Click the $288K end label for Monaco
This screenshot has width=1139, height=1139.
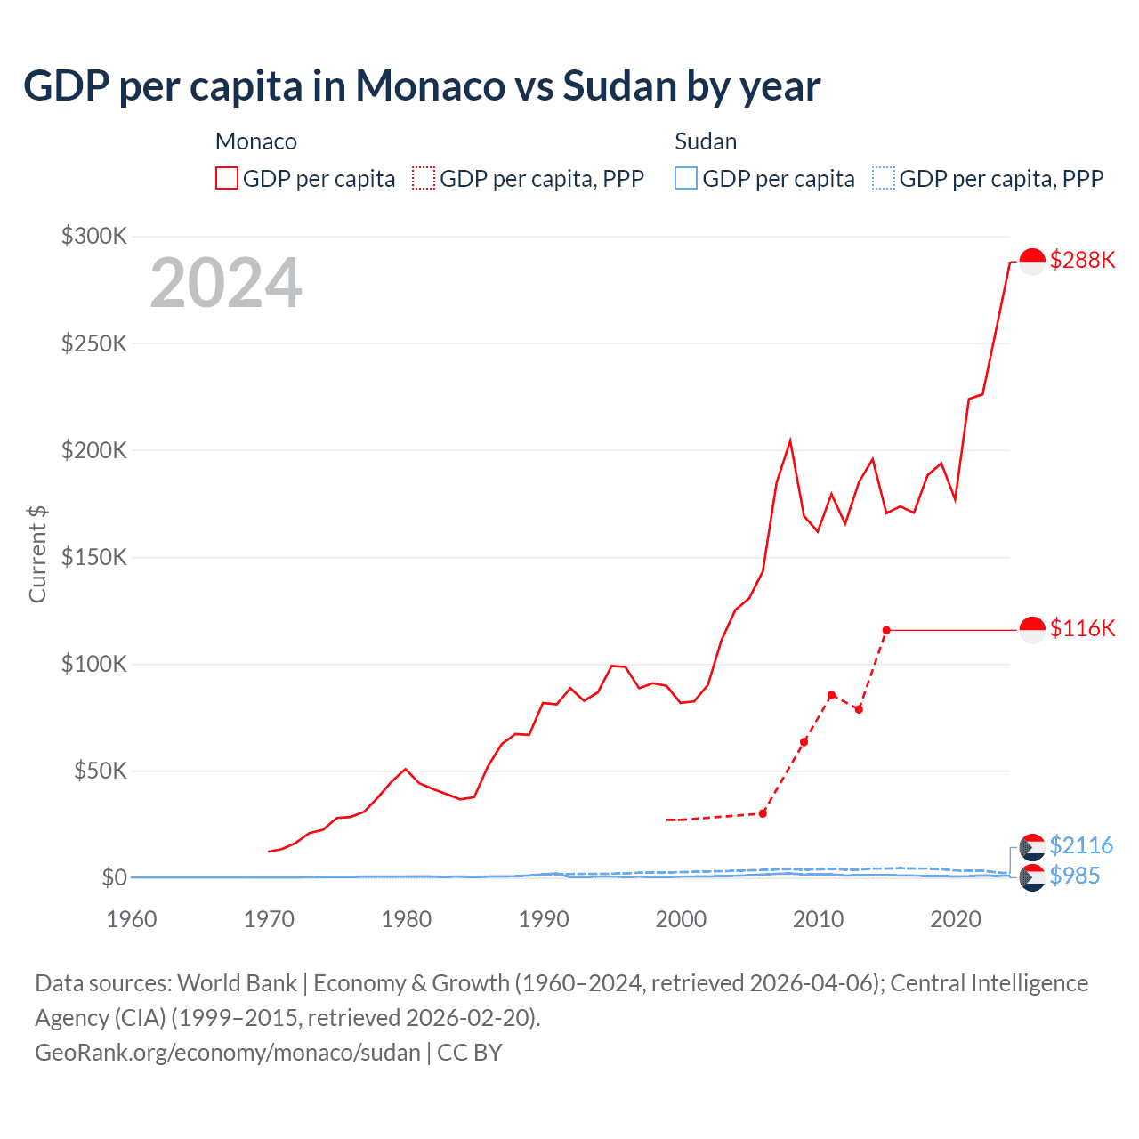pos(1082,260)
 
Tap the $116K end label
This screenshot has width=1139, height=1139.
pos(1082,628)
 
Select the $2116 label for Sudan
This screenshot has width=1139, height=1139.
pos(1081,845)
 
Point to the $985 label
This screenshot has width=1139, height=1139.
pos(1075,876)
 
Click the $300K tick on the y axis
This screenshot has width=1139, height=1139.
pos(94,236)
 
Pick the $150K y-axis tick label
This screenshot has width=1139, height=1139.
pos(94,557)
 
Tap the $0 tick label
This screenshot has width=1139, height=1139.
pos(114,877)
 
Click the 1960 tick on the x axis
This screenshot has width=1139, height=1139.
pos(132,919)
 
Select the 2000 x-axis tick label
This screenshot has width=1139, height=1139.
pos(681,919)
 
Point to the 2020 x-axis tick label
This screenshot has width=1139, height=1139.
pos(956,919)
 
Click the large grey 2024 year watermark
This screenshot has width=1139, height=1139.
pos(226,283)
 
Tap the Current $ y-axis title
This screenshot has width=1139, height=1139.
pos(37,553)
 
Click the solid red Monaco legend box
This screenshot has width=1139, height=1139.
pos(227,178)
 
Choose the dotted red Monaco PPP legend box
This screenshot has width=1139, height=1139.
pos(424,178)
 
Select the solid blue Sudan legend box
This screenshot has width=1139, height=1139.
pos(686,178)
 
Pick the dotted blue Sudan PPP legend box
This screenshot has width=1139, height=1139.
pos(884,178)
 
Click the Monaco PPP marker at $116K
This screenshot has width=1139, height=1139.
pos(886,630)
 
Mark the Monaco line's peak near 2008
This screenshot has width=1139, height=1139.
pos(790,440)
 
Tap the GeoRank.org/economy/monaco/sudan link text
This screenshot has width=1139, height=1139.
pos(228,1052)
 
